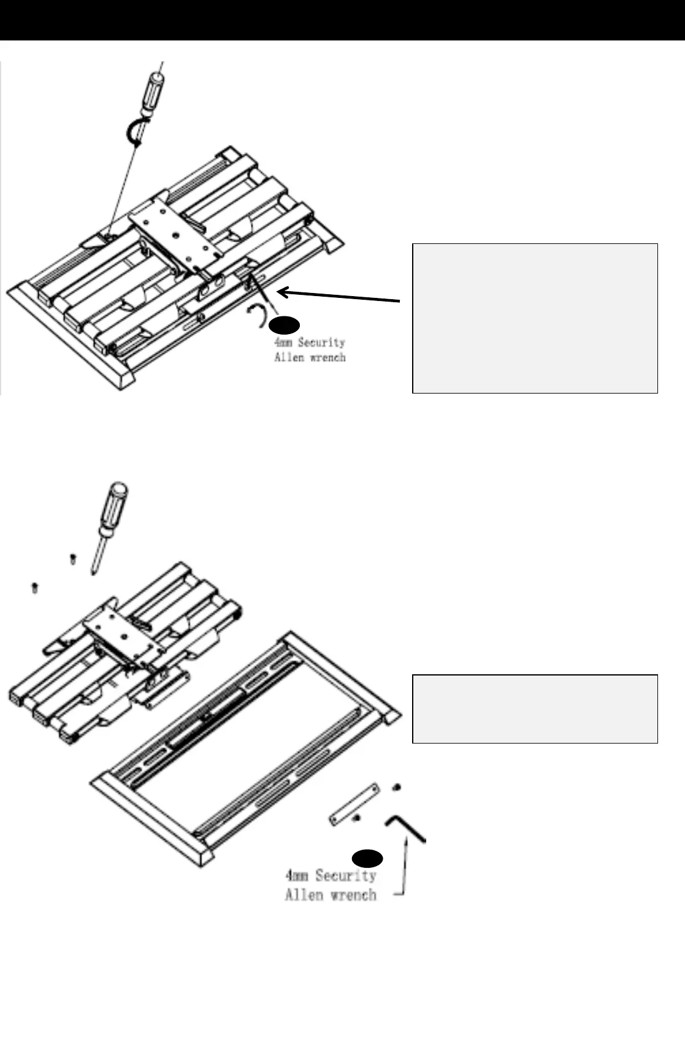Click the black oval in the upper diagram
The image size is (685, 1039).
pos(284,325)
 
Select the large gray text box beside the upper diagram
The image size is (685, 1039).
pos(535,318)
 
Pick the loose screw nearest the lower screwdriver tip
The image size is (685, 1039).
pos(72,558)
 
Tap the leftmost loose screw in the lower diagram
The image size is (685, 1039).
pos(34,587)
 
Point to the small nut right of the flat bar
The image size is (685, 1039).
pos(397,786)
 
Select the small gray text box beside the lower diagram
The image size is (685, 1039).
pos(535,709)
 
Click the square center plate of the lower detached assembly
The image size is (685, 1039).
pos(121,636)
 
